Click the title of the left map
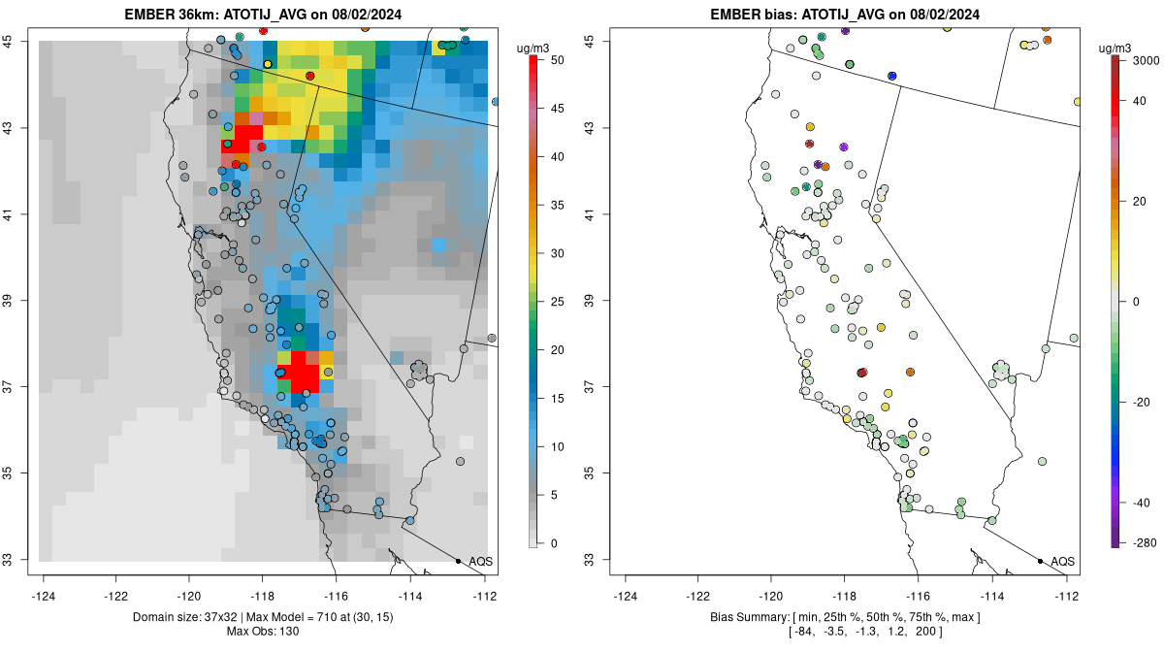pyautogui.click(x=263, y=15)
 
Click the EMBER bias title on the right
pyautogui.click(x=845, y=15)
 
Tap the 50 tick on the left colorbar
pyautogui.click(x=557, y=60)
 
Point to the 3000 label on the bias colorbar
pyautogui.click(x=1146, y=61)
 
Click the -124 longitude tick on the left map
pyautogui.click(x=43, y=596)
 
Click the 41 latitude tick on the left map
pyautogui.click(x=8, y=214)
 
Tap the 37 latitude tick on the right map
pyautogui.click(x=590, y=387)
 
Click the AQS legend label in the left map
pyautogui.click(x=481, y=562)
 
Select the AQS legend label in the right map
pyautogui.click(x=1063, y=562)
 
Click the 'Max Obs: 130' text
pyautogui.click(x=263, y=632)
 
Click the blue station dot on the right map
pyautogui.click(x=892, y=76)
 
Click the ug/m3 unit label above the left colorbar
pyautogui.click(x=533, y=49)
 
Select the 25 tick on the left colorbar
pyautogui.click(x=557, y=302)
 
